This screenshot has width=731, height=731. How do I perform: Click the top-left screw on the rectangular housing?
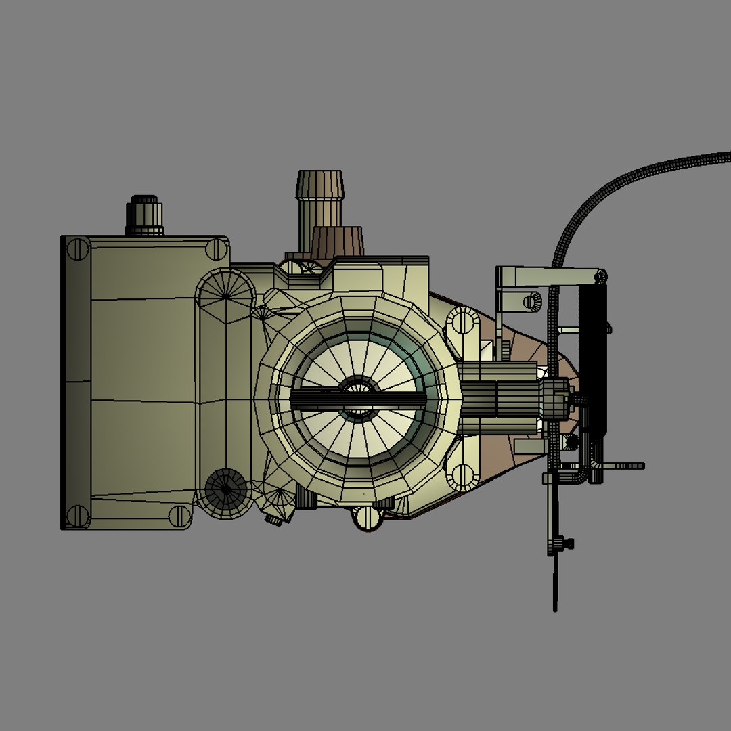tap(78, 249)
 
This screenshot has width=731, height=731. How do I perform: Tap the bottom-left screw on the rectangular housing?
tap(78, 516)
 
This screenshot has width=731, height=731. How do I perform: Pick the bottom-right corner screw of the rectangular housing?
tap(179, 516)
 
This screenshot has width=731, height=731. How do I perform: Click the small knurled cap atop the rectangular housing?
tap(144, 215)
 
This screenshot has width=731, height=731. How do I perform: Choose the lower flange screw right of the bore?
tap(463, 477)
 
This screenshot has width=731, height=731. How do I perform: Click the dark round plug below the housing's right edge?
tap(227, 489)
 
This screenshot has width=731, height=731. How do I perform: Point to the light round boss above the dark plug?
tap(225, 296)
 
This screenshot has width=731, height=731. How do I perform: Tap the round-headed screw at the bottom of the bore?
tap(366, 517)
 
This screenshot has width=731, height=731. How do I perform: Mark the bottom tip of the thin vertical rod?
tap(555, 608)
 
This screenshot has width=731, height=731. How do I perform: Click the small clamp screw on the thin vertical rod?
tap(562, 543)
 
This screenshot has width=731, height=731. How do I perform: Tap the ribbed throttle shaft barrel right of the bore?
tap(501, 398)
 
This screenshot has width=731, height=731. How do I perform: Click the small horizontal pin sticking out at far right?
tap(626, 466)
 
